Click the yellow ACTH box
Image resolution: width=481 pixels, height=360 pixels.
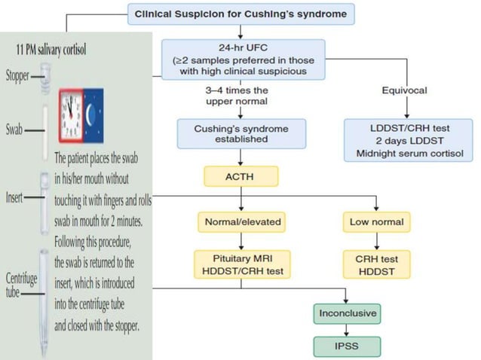click(240, 177)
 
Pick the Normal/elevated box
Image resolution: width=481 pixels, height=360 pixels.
click(240, 222)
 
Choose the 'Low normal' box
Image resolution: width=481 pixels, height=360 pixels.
click(376, 222)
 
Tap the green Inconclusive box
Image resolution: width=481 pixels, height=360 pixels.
click(347, 313)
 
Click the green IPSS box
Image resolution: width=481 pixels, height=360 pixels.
click(347, 346)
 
